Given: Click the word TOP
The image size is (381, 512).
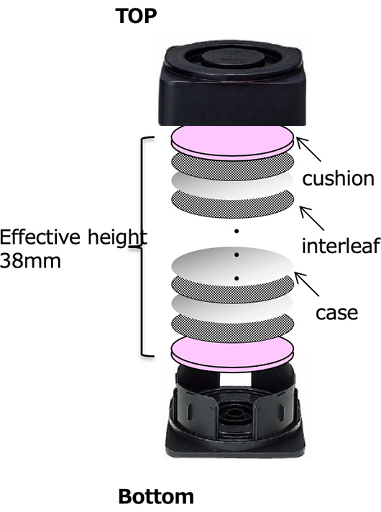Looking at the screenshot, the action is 136,16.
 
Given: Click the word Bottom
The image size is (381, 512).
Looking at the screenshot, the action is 156,497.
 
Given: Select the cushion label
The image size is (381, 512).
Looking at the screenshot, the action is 339,178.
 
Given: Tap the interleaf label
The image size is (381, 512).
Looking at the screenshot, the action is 341,245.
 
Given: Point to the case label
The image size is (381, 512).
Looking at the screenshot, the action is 336,313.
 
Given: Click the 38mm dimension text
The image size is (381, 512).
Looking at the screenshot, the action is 30,261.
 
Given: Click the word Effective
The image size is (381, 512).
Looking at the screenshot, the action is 40,237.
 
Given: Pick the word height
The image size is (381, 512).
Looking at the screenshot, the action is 117,237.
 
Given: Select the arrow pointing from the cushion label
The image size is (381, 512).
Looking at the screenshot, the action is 308,150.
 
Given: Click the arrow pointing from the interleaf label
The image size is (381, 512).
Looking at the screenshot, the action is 312,218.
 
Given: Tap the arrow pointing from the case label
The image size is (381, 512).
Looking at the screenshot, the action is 307,284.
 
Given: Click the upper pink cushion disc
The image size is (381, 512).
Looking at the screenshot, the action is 232,142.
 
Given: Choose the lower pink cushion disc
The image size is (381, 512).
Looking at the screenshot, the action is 232,355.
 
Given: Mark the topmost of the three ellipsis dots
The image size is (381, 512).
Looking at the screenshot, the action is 237,231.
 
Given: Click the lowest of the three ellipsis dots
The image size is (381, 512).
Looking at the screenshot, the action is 237,278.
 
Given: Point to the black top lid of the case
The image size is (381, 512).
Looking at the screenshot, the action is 232,86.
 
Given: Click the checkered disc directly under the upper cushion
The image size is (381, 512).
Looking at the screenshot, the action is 232,167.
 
